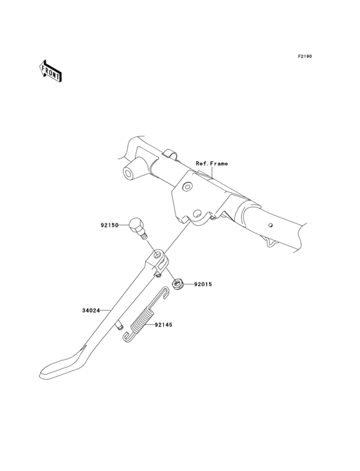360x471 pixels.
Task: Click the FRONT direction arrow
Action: (50, 71)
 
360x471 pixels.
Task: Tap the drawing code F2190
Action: (305, 56)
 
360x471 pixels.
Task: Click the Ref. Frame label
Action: (212, 163)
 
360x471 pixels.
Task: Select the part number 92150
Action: (109, 225)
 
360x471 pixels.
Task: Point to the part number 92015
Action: (203, 284)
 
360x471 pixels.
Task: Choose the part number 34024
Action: (91, 311)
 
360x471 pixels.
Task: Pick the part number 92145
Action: (163, 325)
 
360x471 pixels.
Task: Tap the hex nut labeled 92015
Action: (177, 284)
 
